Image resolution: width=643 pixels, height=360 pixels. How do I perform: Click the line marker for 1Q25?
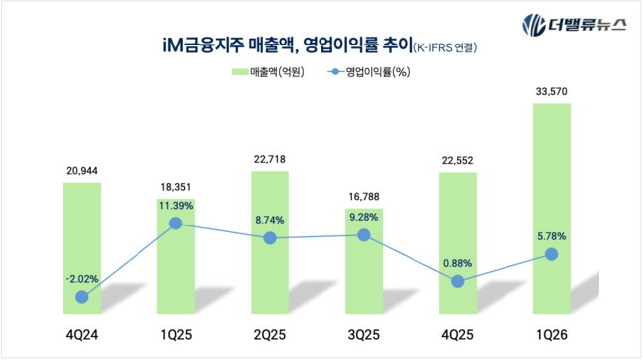pos(176,224)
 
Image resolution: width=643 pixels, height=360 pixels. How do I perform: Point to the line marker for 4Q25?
pos(457,281)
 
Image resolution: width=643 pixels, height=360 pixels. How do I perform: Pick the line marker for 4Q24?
pos(82,296)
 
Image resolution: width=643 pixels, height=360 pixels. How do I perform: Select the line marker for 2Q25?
pos(270,238)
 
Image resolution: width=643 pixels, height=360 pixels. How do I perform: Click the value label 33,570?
pos(551,92)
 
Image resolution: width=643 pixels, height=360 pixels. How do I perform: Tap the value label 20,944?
pos(82,170)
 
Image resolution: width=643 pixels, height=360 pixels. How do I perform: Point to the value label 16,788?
pos(364,196)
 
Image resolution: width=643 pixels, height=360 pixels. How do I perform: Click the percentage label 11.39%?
pos(176,205)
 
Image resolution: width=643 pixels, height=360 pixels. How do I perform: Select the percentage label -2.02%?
pos(82,278)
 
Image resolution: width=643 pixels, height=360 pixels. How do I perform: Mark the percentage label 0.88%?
pos(457,262)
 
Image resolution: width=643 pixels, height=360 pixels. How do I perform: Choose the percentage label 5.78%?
pos(551,235)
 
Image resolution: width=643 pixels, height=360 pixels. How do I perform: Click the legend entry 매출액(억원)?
pos(267,71)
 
